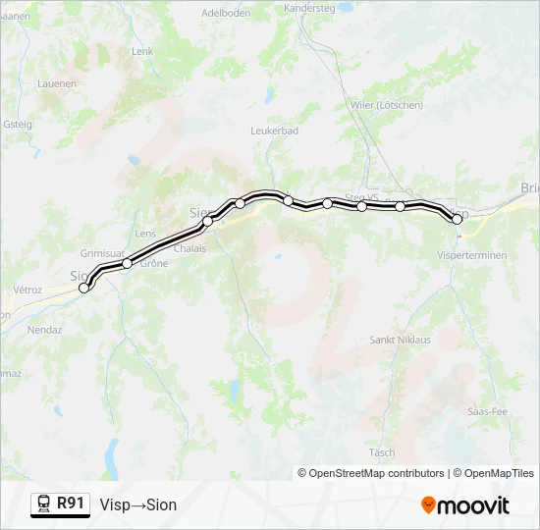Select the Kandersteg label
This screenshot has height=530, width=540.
[x=310, y=7]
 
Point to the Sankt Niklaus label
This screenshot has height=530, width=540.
[x=400, y=340]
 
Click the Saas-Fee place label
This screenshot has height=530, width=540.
[x=488, y=411]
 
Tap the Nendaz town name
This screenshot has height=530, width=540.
[x=46, y=332]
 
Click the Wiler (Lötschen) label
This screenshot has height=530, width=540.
[x=386, y=105]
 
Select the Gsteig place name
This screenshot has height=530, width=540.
[x=18, y=125]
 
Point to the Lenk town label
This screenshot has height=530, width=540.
[x=142, y=51]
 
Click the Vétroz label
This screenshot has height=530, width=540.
[x=27, y=291]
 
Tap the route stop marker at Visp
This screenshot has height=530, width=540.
[x=457, y=220]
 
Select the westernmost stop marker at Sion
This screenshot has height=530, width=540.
[x=84, y=288]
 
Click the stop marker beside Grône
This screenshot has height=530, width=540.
[x=127, y=263]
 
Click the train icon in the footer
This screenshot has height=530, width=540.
[x=44, y=503]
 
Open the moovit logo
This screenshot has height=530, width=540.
[x=465, y=505]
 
